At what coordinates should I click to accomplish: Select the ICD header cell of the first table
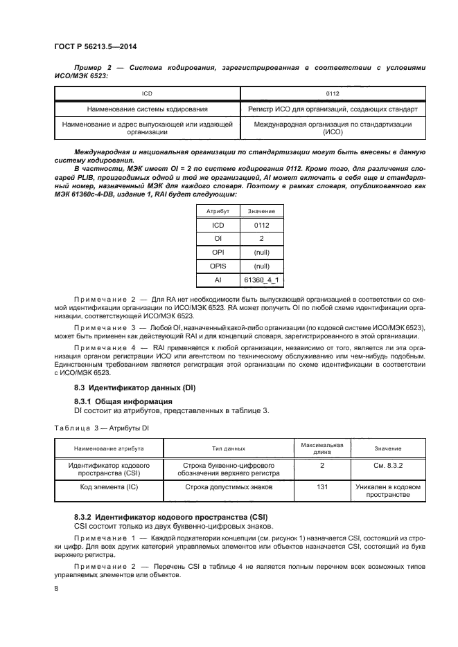pyautogui.click(x=147, y=92)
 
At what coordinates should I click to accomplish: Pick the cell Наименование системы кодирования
pyautogui.click(x=147, y=109)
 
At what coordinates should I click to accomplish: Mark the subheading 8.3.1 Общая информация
pyautogui.click(x=123, y=401)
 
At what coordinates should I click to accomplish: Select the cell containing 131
pyautogui.click(x=322, y=487)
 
